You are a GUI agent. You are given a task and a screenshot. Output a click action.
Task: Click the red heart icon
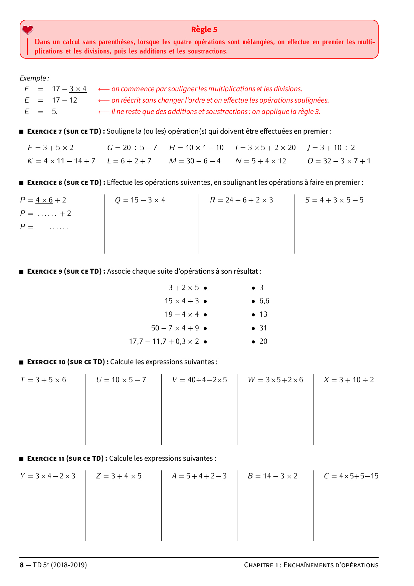[28, 30]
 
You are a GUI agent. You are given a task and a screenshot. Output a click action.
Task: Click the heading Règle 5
[204, 29]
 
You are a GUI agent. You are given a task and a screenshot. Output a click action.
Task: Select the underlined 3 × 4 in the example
[78, 89]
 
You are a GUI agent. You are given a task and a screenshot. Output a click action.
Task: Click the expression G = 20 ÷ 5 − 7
[132, 148]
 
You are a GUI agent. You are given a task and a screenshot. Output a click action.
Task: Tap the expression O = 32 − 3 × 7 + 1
[339, 161]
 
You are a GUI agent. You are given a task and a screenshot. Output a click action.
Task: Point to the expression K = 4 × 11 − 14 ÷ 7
[61, 161]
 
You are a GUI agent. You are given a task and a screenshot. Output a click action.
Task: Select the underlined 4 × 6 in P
[44, 200]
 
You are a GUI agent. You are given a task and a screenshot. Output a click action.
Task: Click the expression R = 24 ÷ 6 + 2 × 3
[241, 200]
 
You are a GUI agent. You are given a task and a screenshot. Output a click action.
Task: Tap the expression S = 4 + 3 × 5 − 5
[334, 200]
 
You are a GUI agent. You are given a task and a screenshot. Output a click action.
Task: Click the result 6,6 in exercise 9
[264, 301]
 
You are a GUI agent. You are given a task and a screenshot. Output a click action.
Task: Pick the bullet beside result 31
[253, 328]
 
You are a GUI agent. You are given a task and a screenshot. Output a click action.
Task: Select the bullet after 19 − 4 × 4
[205, 315]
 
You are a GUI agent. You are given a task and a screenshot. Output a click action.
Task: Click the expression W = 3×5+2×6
[275, 380]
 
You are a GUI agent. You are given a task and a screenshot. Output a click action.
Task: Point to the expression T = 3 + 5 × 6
[43, 380]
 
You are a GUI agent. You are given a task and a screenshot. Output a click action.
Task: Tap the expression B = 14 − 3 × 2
[272, 476]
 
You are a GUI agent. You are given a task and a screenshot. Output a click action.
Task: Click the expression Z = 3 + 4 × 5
[119, 476]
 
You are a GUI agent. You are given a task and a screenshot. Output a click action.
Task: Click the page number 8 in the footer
[22, 565]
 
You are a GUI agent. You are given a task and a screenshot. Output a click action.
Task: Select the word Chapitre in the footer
[259, 565]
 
